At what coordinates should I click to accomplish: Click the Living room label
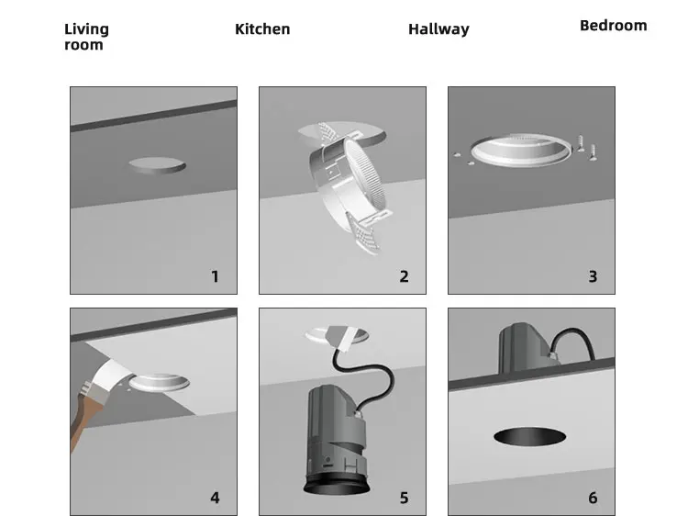pyautogui.click(x=86, y=37)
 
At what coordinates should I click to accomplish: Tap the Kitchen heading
pyautogui.click(x=262, y=29)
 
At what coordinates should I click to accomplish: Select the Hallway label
pyautogui.click(x=438, y=29)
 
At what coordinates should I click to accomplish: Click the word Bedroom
pyautogui.click(x=613, y=26)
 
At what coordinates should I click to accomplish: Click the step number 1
pyautogui.click(x=215, y=276)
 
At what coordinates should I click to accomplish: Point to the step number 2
pyautogui.click(x=404, y=276)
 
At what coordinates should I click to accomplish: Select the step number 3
pyautogui.click(x=593, y=276)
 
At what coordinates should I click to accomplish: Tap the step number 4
pyautogui.click(x=215, y=499)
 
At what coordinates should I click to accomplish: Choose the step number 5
pyautogui.click(x=404, y=499)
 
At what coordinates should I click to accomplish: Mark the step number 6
pyautogui.click(x=593, y=499)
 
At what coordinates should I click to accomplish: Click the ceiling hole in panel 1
pyautogui.click(x=156, y=165)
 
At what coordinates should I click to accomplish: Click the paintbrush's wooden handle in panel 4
pyautogui.click(x=83, y=422)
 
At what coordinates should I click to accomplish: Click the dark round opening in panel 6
pyautogui.click(x=530, y=436)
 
